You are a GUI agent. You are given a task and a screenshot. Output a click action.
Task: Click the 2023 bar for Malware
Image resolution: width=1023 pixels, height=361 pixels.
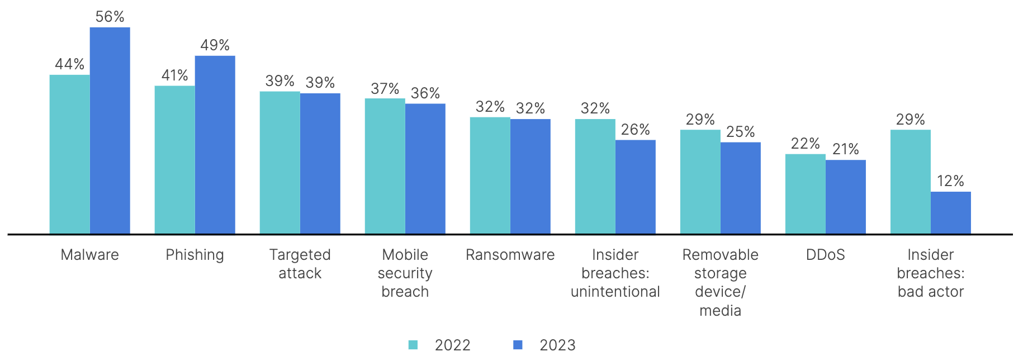coord(110,131)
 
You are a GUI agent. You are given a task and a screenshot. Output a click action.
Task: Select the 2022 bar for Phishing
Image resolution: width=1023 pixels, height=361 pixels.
coord(174,160)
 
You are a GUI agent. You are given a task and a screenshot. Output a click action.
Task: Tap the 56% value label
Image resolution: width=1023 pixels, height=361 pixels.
coord(110,17)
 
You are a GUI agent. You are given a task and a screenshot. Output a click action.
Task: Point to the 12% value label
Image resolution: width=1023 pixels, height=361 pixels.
coord(950,181)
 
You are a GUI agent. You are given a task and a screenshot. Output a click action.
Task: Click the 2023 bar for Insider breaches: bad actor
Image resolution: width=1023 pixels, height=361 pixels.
coord(950,213)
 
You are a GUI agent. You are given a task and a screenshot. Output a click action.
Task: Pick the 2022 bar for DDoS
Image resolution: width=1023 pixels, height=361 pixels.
coord(805,194)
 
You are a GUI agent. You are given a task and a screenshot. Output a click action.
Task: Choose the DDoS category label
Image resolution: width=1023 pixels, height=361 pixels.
coord(825,255)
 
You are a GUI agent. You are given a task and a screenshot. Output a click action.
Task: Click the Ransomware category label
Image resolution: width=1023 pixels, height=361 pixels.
coord(510,255)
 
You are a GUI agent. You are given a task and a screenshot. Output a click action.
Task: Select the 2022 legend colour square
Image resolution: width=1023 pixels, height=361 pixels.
coord(413,345)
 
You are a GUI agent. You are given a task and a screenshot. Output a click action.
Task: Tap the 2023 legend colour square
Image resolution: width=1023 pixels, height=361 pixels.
coord(518,345)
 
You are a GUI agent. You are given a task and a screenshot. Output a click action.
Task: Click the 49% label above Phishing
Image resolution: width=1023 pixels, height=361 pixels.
coord(215,45)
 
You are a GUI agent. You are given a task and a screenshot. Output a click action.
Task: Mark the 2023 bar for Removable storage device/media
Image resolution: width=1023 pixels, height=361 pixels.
coord(740,188)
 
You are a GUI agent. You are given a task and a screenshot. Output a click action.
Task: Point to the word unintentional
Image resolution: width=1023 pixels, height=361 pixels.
coord(615,292)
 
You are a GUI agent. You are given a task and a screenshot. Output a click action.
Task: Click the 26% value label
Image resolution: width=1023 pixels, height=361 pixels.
coord(635,130)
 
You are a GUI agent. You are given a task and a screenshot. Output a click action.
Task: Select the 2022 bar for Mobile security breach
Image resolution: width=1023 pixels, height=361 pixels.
coord(385,166)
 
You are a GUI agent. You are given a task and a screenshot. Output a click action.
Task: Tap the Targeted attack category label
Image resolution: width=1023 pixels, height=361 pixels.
coord(300,264)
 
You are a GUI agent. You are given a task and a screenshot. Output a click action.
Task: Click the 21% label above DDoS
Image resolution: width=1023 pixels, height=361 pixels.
coord(845,149)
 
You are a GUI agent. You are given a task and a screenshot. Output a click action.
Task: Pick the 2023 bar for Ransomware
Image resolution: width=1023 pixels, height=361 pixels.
coord(530,177)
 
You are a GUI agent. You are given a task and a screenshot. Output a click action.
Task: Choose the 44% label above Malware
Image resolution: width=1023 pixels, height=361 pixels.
coord(69,64)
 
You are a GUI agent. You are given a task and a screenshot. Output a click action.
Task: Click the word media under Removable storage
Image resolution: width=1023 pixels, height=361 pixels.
coord(720,311)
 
